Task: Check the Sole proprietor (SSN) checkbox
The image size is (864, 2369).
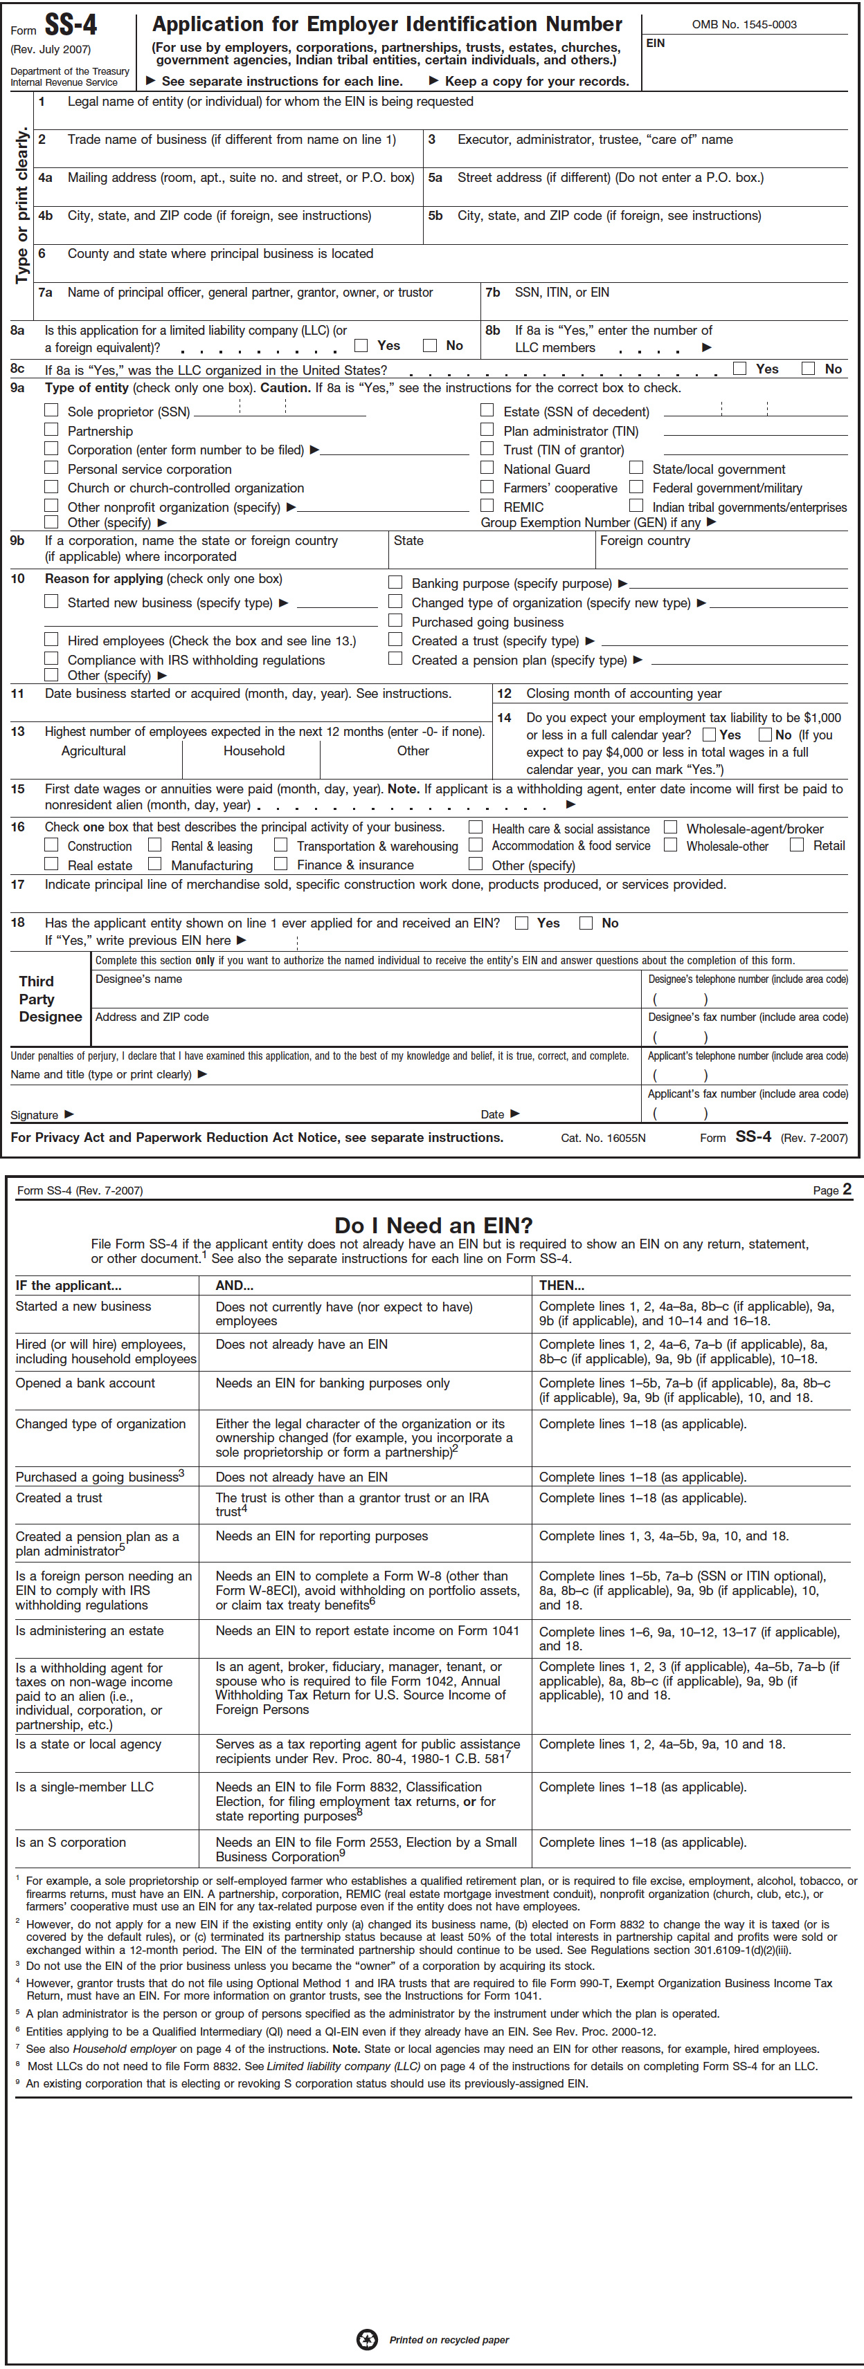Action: click(51, 410)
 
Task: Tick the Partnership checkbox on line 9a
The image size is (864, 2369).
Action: click(51, 430)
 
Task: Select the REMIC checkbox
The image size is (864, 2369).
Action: click(487, 505)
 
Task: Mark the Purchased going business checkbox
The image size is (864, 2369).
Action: click(396, 620)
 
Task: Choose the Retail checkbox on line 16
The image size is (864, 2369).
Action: click(797, 845)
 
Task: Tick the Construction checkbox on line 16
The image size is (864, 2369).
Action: click(51, 845)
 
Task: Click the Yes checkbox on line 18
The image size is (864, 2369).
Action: click(522, 923)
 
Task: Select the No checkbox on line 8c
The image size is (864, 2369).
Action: click(808, 368)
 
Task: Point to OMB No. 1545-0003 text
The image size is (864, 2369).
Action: click(744, 25)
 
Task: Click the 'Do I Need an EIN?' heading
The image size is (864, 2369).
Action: click(433, 1225)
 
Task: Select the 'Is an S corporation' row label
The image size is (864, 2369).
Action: click(71, 1842)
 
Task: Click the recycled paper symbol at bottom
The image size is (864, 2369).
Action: click(367, 2339)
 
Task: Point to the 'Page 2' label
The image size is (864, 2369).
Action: click(831, 1190)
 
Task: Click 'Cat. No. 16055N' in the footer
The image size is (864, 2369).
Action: click(604, 1138)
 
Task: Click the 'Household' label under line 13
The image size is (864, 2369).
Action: click(254, 750)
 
